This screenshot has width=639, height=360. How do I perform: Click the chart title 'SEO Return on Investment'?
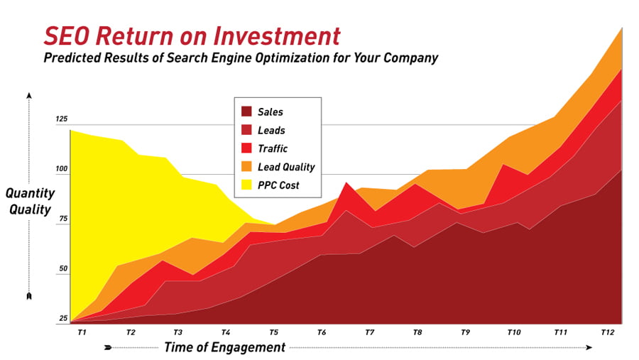pyautogui.click(x=192, y=36)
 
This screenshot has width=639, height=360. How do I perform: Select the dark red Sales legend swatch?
pyautogui.click(x=246, y=111)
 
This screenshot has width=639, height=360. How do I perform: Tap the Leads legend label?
pyautogui.click(x=271, y=130)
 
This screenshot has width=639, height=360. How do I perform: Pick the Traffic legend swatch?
pyautogui.click(x=246, y=148)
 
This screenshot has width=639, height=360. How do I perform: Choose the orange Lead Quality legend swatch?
pyautogui.click(x=246, y=166)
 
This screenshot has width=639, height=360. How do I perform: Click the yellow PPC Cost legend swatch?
pyautogui.click(x=246, y=185)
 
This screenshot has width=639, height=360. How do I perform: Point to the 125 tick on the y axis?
pyautogui.click(x=62, y=119)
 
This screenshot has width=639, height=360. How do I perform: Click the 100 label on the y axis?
pyautogui.click(x=62, y=169)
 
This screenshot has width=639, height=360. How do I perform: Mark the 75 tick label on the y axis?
pyautogui.click(x=63, y=219)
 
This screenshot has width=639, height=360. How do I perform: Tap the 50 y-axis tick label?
pyautogui.click(x=63, y=268)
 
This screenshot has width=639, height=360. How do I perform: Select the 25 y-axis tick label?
pyautogui.click(x=63, y=318)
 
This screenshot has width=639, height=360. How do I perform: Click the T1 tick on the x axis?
pyautogui.click(x=82, y=332)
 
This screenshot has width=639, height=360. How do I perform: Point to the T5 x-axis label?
pyautogui.click(x=273, y=332)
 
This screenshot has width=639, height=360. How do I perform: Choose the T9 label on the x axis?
pyautogui.click(x=465, y=332)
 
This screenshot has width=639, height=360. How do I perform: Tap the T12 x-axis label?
pyautogui.click(x=607, y=332)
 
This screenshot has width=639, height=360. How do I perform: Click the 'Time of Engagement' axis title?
pyautogui.click(x=224, y=347)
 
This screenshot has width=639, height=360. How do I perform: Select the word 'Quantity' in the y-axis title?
pyautogui.click(x=30, y=193)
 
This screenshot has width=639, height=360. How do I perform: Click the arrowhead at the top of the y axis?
pyautogui.click(x=29, y=95)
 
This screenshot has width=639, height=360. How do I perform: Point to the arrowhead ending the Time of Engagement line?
pyautogui.click(x=589, y=347)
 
